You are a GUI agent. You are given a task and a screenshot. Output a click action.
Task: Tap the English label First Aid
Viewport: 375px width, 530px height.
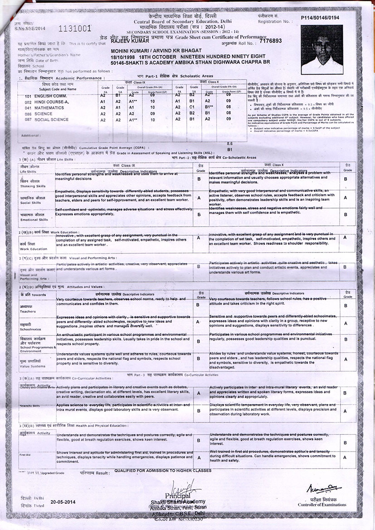tap(24, 454)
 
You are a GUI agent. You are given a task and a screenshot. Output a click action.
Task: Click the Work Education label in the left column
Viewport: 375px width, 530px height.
tap(33, 249)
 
